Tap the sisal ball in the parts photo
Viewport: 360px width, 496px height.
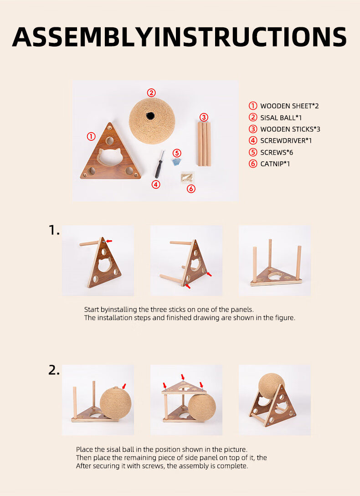point(152,121)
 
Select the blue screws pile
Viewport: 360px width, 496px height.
point(176,162)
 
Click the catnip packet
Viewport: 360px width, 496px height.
point(186,176)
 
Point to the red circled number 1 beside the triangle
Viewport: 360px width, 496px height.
point(91,136)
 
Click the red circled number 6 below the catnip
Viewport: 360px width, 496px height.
point(191,189)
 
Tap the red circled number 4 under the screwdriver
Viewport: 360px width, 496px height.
point(156,184)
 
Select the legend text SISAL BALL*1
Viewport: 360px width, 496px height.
point(281,118)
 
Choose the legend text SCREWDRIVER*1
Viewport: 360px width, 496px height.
point(286,140)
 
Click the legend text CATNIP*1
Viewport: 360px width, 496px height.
point(275,164)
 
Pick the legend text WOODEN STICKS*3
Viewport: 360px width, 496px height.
point(290,129)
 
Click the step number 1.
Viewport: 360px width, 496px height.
point(54,230)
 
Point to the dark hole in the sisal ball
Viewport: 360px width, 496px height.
point(150,116)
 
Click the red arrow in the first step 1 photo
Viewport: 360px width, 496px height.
point(109,241)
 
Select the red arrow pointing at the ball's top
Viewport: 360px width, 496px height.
point(124,386)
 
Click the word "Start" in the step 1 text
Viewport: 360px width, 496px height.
point(92,310)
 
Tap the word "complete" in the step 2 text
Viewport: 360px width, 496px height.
point(232,466)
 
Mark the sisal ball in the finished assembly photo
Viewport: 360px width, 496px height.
point(271,386)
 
